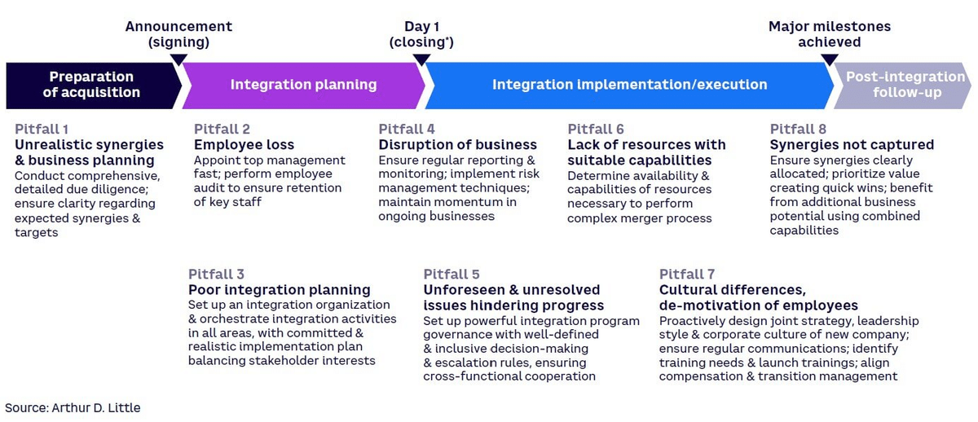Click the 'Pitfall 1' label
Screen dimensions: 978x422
[x=42, y=130]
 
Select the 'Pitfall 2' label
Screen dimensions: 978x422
[x=222, y=130]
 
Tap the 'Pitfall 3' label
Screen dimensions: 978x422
[x=216, y=274]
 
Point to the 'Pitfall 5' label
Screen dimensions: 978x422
[x=452, y=274]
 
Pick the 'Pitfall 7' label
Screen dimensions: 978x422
[x=687, y=274]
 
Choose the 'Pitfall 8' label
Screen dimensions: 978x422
[x=798, y=130]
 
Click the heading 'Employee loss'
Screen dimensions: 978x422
[x=244, y=145]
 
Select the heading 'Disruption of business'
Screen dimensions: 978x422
[x=457, y=145]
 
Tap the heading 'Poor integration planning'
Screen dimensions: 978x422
[x=280, y=290]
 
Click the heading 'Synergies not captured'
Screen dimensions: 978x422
[x=852, y=145]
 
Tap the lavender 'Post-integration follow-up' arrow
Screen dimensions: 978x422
[x=904, y=86]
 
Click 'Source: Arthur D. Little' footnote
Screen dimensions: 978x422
[x=73, y=408]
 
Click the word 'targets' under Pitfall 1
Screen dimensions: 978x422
[x=36, y=233]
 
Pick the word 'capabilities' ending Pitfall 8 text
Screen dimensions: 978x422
[x=804, y=231]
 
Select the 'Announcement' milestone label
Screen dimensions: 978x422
[x=178, y=27]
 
